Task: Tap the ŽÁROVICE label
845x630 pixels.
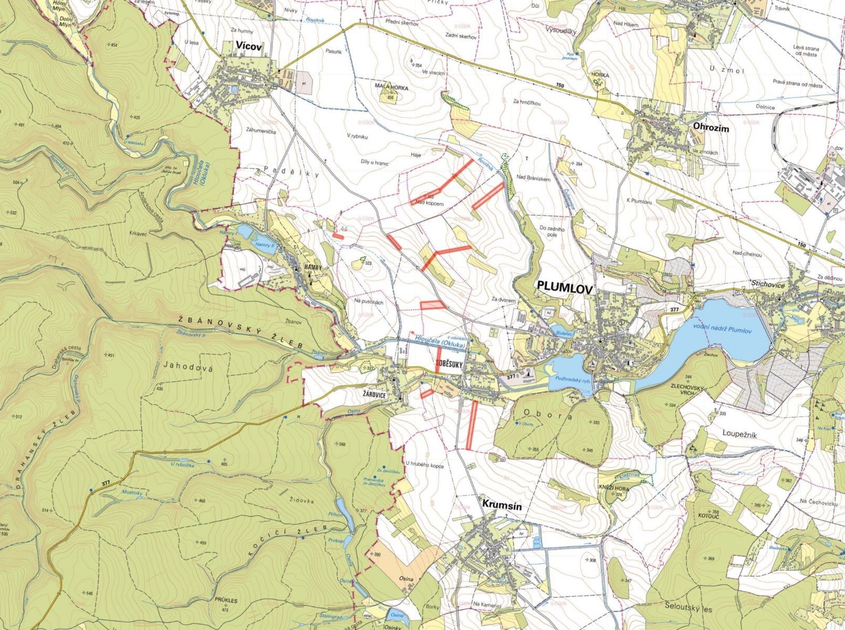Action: point(377,392)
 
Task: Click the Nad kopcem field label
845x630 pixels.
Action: point(430,203)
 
